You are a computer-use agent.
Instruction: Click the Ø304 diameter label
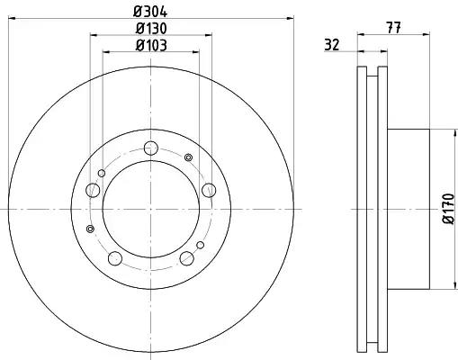pos(150,12)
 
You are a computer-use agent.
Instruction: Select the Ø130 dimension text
pos(151,29)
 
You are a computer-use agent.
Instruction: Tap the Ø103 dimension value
pos(151,45)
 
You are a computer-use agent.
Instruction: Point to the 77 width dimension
pos(394,28)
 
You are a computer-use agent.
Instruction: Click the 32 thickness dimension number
pos(331,45)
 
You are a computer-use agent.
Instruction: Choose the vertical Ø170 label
pos(449,209)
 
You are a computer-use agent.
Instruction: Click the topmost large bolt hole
pos(150,148)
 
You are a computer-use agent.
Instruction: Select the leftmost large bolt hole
pos(93,190)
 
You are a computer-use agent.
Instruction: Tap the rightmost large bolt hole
pos(209,190)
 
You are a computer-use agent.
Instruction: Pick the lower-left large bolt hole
pos(115,258)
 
